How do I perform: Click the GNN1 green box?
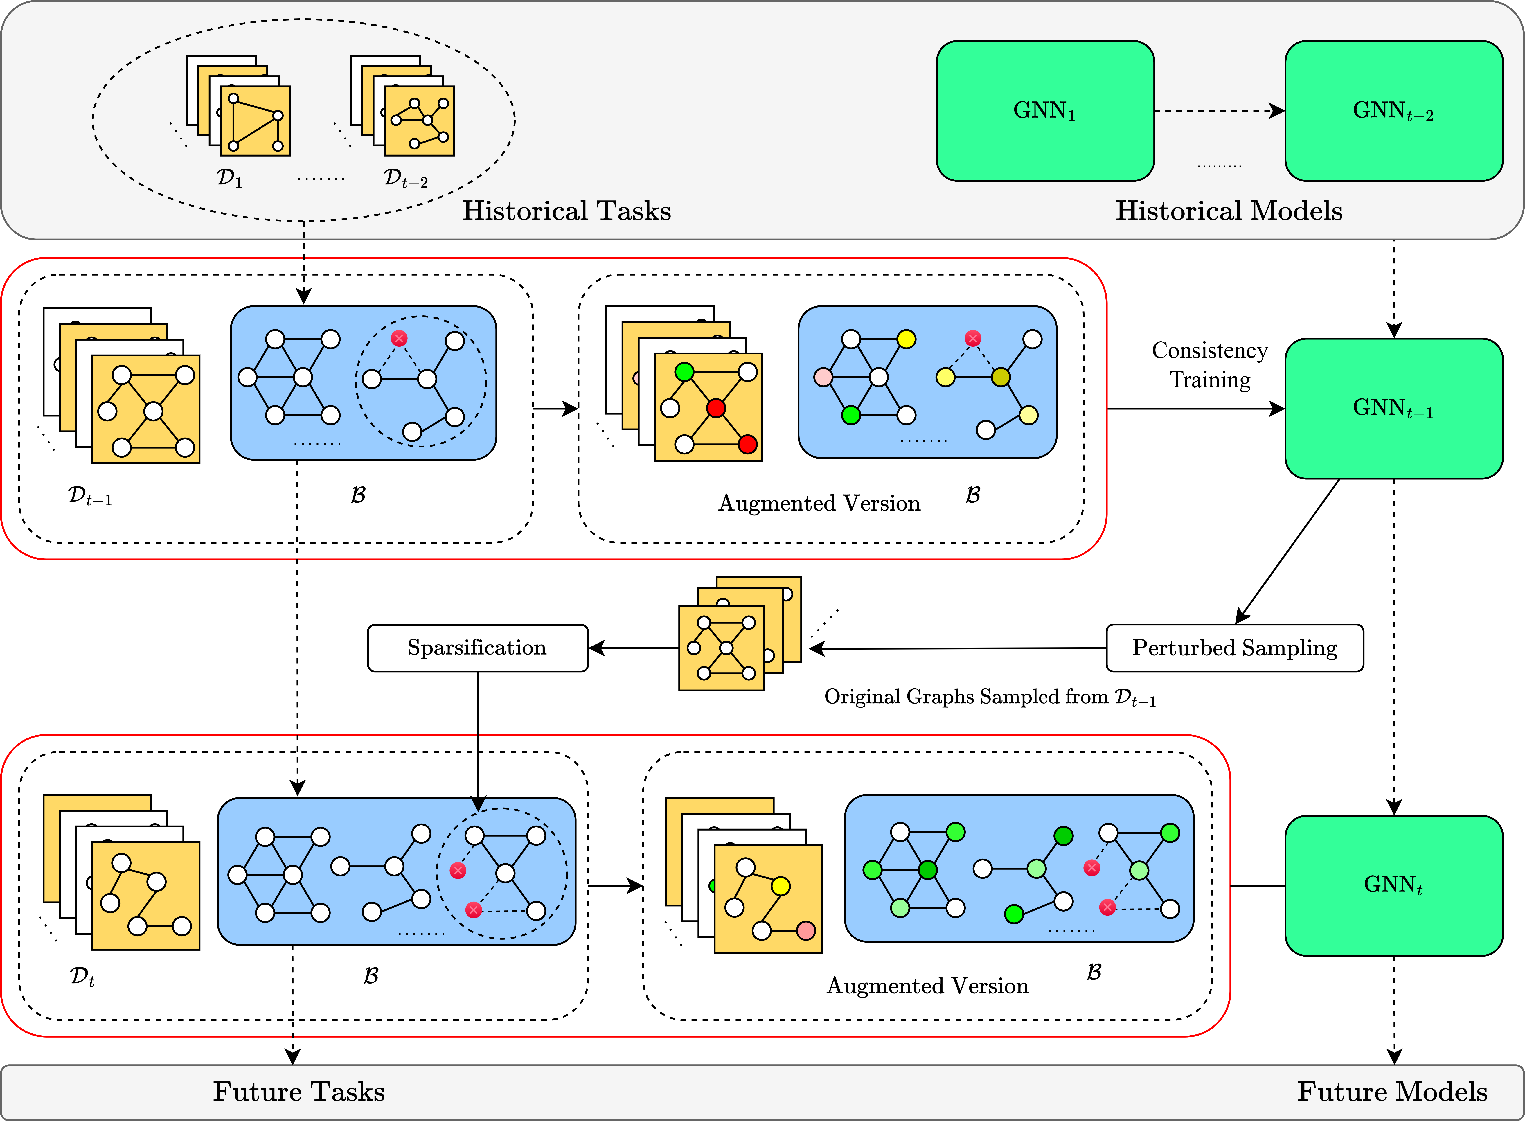1044,111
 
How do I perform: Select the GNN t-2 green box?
1393,111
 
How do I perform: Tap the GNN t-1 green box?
1393,409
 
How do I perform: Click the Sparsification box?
477,648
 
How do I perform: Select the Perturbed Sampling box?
1234,648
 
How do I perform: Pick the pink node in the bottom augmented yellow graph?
806,930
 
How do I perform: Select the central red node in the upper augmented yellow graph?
716,408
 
